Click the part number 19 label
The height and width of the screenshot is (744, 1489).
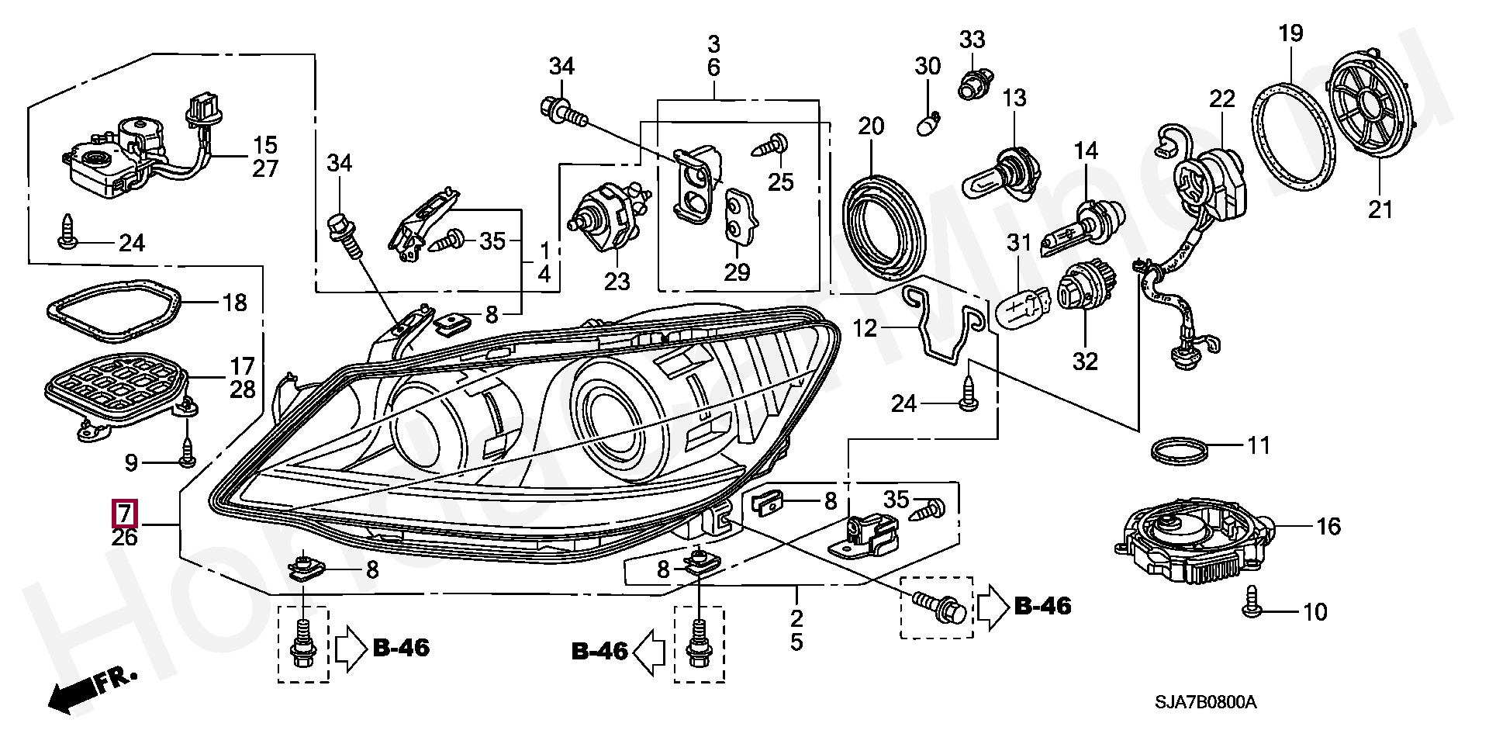(1290, 33)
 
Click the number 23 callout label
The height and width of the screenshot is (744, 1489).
(617, 281)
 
